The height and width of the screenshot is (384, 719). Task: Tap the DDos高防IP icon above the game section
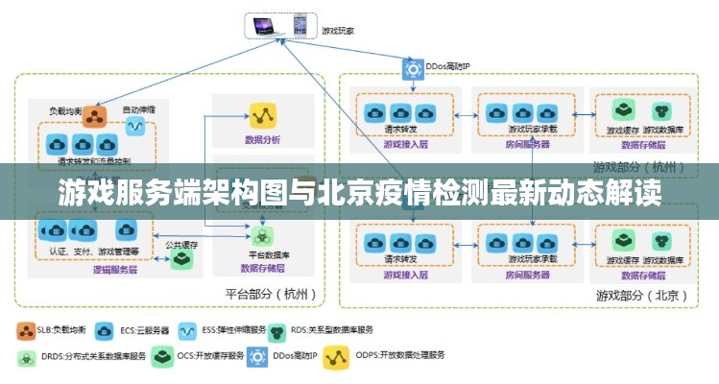(413, 67)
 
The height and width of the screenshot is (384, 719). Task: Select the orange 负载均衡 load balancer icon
(94, 116)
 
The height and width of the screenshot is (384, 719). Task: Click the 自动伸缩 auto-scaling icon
(135, 125)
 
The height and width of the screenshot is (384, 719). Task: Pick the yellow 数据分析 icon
(263, 116)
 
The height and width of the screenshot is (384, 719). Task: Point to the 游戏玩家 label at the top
(337, 30)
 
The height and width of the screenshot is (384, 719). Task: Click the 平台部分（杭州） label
(270, 294)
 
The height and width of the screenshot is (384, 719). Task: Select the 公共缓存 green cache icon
(180, 258)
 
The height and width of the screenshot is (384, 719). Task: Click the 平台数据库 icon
(262, 236)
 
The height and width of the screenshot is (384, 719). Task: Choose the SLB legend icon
(24, 330)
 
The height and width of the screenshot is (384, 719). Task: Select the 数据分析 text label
(262, 139)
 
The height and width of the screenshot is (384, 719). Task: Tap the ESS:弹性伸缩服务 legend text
(229, 330)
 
